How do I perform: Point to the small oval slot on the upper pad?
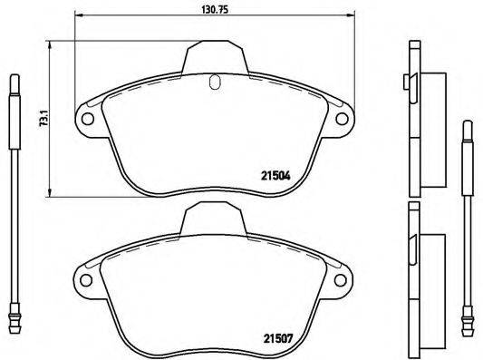tap(214, 83)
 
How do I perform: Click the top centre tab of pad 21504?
tap(215, 59)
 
